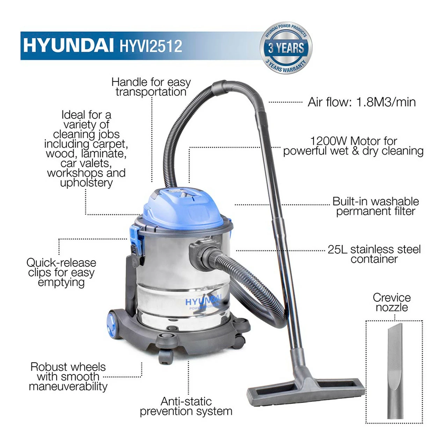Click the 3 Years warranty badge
(286, 48)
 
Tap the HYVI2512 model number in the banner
(151, 46)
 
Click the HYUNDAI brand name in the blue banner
(69, 45)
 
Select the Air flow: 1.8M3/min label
(361, 102)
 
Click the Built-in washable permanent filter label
(375, 206)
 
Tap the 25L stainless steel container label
(374, 254)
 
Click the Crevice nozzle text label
(391, 302)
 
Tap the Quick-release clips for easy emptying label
(61, 272)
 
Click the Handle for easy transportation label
(151, 87)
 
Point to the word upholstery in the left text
(86, 183)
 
